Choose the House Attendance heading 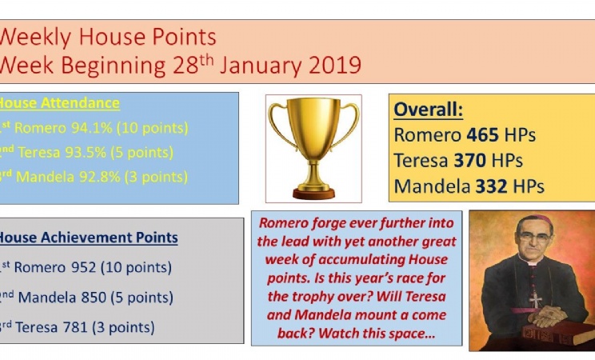pos(59,103)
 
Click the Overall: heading pos(429,110)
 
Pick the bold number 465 pos(482,135)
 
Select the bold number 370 pos(469,160)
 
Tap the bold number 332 pos(491,186)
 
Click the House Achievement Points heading pos(89,238)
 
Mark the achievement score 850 pos(94,298)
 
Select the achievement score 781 pos(75,327)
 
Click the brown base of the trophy pos(313,194)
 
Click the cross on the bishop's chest pos(536,300)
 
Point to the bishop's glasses pos(535,238)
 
